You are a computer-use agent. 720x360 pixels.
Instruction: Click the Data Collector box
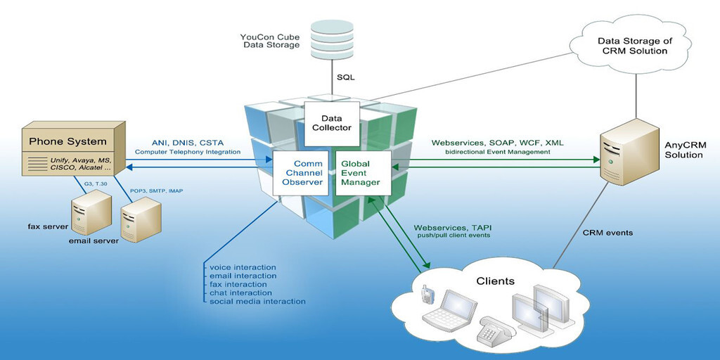tap(336, 122)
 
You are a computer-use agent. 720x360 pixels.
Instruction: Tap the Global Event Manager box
tap(360, 172)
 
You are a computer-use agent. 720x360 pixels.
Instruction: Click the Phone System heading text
tap(67, 141)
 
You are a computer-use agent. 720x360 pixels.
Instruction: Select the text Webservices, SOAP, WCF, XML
tap(496, 142)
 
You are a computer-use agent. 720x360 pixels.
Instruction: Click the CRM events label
tap(607, 232)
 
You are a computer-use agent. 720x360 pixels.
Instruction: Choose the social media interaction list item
tap(257, 301)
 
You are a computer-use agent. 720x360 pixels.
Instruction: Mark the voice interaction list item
tap(243, 267)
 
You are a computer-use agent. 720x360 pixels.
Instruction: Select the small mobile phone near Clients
tap(425, 295)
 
